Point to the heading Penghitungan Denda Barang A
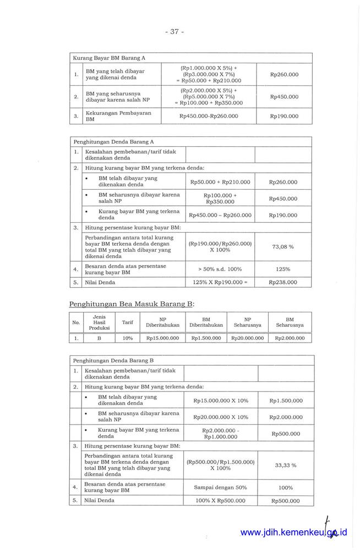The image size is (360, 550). coord(113,141)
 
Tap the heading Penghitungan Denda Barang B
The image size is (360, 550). coord(113,360)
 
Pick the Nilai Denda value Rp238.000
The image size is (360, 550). coord(283,282)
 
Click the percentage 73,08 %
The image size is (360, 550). coord(283,246)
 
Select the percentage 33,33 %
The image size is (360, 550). coord(285,465)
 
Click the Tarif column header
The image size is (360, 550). coord(127,322)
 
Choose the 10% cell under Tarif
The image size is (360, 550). coord(127,338)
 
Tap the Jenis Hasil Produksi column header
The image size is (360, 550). coord(100,322)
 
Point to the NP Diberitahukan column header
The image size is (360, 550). coord(162,322)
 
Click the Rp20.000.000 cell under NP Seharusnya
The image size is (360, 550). coord(248,338)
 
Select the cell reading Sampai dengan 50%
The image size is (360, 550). coord(220,487)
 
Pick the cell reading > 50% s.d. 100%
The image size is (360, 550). coord(220,269)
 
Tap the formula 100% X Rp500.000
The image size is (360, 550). coord(220,501)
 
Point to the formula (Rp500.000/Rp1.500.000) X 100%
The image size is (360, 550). coord(220,465)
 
